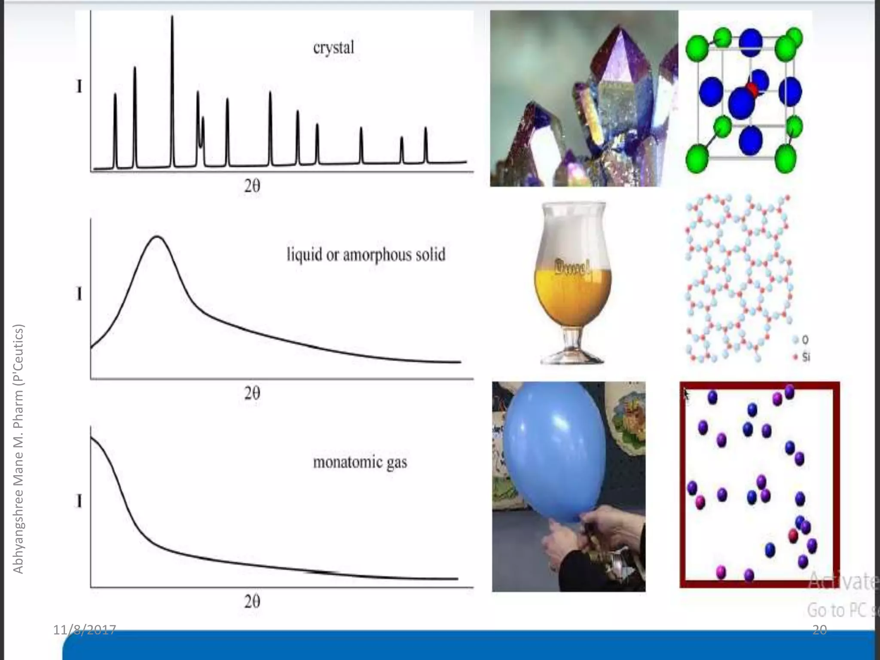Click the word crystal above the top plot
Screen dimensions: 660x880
tap(333, 48)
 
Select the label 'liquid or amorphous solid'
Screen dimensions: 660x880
tap(366, 255)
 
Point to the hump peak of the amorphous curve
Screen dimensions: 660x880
tap(158, 237)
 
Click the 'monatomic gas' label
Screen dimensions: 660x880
tap(360, 462)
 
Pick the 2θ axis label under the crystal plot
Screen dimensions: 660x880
tap(252, 186)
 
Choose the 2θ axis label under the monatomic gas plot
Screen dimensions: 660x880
tap(252, 601)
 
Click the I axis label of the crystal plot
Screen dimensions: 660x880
tap(79, 87)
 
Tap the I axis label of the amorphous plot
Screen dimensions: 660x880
tap(79, 294)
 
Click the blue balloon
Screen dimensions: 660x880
tap(554, 451)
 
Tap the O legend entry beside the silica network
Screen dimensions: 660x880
tap(801, 340)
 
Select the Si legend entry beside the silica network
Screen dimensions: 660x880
tap(802, 357)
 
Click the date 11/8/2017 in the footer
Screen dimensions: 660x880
tap(85, 630)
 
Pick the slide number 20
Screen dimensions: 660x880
tap(819, 630)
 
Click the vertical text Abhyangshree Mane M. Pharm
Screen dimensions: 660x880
tap(18, 449)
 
